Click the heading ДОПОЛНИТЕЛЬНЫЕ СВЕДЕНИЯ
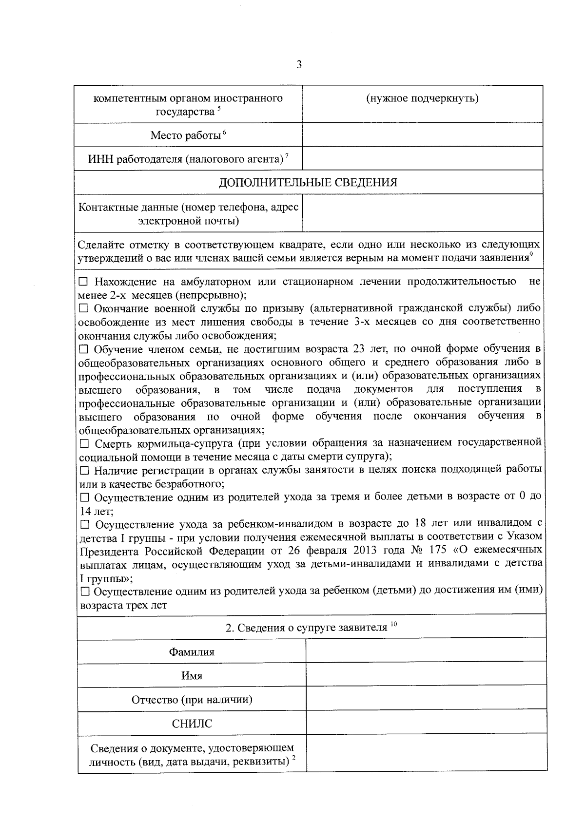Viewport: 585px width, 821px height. tap(308, 182)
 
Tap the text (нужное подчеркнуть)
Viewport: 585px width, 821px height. tap(422, 98)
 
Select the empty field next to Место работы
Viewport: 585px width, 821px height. tap(422, 135)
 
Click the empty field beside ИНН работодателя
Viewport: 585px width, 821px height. tap(422, 159)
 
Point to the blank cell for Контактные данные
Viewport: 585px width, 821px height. tap(422, 213)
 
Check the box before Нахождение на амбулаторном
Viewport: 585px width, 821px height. tap(83, 282)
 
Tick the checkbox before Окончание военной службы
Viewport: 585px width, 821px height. tap(83, 308)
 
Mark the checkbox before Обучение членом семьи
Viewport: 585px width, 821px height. tap(83, 349)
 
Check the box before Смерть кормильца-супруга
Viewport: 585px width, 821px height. tap(84, 443)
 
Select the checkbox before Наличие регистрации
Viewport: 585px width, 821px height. tap(84, 470)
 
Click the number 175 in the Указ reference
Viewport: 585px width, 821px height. tap(438, 551)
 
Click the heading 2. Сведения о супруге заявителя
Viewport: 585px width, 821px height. tap(306, 628)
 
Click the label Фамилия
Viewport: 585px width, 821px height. tap(192, 652)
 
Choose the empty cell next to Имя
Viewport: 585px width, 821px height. tap(426, 675)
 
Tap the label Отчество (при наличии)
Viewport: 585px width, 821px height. tap(192, 700)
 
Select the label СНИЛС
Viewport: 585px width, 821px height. tap(192, 724)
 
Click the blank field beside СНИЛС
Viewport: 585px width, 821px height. tap(426, 724)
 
